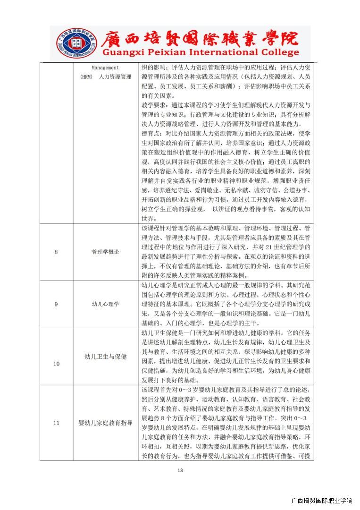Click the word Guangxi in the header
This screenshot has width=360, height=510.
tap(118, 52)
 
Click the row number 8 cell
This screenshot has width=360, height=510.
tap(56, 252)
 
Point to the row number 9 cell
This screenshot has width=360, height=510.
tap(56, 304)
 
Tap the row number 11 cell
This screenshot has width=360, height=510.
tap(56, 423)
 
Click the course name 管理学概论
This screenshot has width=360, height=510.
tap(105, 252)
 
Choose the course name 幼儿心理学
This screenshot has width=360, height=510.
tap(105, 304)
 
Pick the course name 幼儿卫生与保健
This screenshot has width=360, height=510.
tap(105, 357)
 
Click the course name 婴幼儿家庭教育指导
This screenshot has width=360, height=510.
tap(105, 423)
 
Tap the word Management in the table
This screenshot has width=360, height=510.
tap(105, 68)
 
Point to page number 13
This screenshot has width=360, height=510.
tap(180, 470)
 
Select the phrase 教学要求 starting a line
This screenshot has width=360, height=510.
tap(153, 104)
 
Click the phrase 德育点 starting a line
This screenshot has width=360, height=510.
tap(151, 133)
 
